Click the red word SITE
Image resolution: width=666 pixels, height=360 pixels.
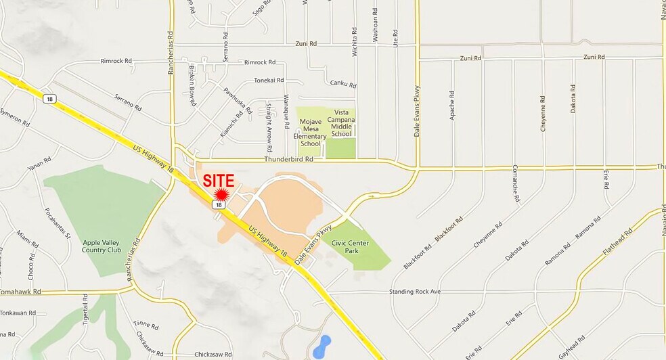click(x=219, y=181)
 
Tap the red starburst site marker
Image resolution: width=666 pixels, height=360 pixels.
click(x=221, y=194)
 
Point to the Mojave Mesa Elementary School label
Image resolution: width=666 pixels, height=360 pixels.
click(x=310, y=133)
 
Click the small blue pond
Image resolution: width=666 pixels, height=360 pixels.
click(x=322, y=346)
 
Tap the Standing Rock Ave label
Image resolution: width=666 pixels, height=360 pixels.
click(x=415, y=292)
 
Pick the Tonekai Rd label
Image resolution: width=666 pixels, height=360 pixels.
click(x=269, y=80)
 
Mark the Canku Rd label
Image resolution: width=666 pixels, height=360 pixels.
click(x=343, y=84)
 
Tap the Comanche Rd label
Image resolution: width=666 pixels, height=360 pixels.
click(x=516, y=183)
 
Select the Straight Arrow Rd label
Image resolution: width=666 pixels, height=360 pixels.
click(x=269, y=127)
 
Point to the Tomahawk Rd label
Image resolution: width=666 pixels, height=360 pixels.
click(x=20, y=292)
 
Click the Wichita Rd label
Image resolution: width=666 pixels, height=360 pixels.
click(x=354, y=43)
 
